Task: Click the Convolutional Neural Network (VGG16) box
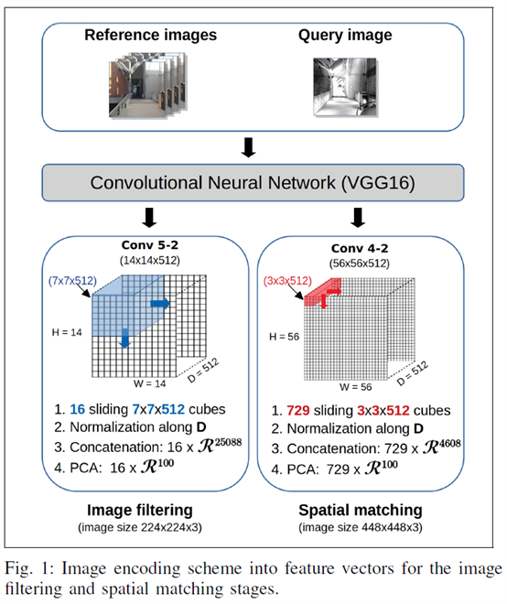(x=252, y=181)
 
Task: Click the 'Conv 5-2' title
(x=147, y=243)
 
